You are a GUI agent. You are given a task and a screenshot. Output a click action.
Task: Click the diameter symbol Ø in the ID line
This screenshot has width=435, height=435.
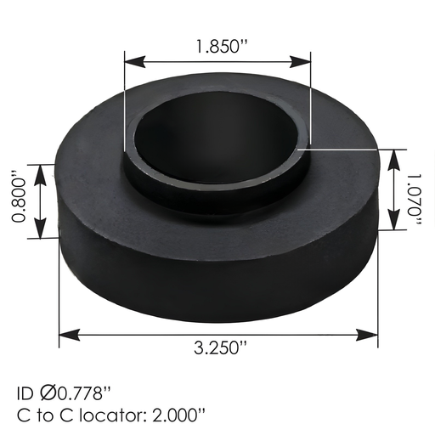click(x=47, y=394)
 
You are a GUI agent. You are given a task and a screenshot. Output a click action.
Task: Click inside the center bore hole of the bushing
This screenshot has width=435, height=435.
click(x=217, y=136)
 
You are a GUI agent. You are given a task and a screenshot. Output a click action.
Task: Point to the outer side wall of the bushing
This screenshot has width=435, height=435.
click(x=217, y=272)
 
